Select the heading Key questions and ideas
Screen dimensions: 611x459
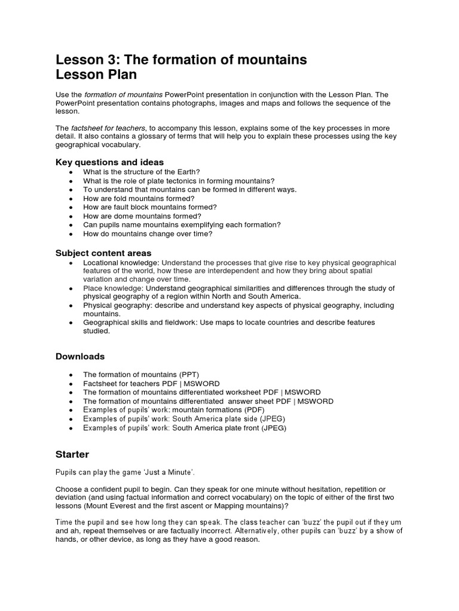(109, 162)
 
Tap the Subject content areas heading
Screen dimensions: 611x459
(103, 252)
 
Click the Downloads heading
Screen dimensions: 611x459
(80, 356)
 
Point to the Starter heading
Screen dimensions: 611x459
(72, 454)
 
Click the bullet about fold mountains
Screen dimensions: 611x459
(139, 198)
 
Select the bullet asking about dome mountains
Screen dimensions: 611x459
(142, 216)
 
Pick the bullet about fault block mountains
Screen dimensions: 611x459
(149, 207)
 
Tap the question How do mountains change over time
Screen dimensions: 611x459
(148, 234)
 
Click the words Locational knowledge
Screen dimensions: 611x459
(121, 263)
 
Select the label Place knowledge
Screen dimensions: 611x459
(112, 288)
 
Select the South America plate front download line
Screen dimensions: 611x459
(185, 428)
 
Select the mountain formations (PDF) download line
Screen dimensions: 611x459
(173, 411)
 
